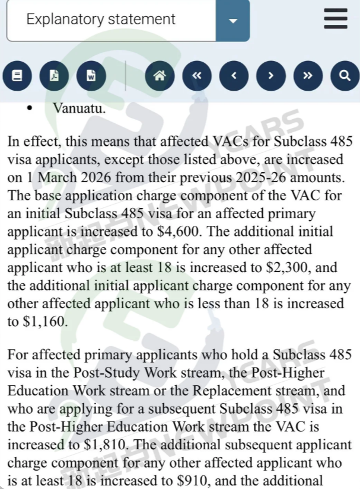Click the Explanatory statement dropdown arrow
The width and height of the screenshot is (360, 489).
232,20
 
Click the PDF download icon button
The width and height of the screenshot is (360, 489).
54,76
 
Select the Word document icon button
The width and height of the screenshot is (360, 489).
91,76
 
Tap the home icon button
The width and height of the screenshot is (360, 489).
160,76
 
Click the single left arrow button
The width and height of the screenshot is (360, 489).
234,76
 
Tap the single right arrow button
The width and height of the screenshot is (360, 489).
271,76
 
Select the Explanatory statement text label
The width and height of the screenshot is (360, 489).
101,19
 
